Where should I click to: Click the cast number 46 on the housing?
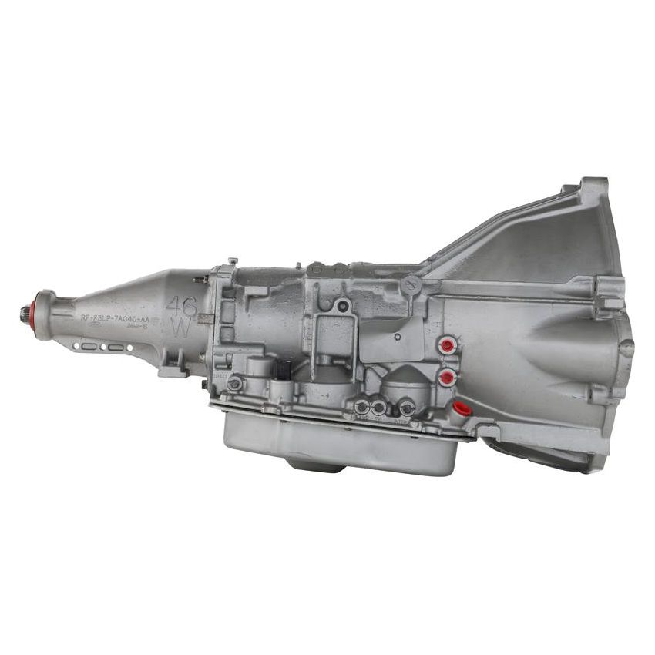coord(181,305)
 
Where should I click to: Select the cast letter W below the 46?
coord(181,327)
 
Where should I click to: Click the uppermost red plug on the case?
coord(446,346)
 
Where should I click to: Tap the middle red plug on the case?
coord(445,377)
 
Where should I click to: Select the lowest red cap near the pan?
coord(462,408)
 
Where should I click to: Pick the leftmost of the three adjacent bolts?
coord(361,406)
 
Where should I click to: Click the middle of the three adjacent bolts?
coord(379,407)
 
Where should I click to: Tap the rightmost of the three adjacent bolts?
coord(405,407)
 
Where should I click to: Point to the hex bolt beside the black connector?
coord(235,382)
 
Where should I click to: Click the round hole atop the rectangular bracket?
coord(344,306)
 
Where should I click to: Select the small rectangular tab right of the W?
coord(205,318)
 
